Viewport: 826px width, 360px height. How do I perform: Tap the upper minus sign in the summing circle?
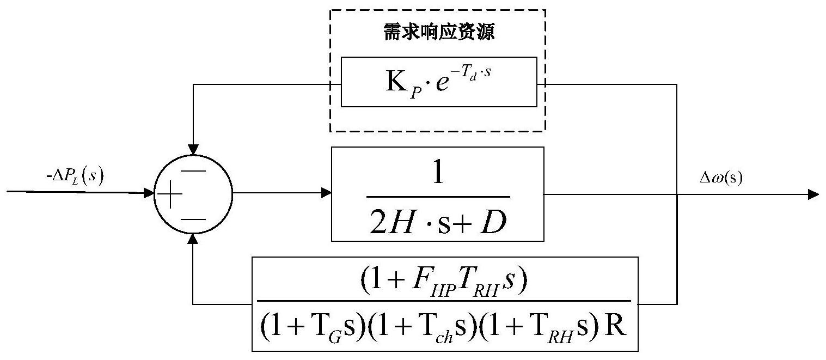click(x=193, y=170)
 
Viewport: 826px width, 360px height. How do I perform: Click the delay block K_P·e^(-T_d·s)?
click(x=438, y=82)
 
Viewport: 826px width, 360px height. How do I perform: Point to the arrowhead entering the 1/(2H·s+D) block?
click(x=326, y=192)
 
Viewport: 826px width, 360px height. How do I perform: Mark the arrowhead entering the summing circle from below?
click(x=193, y=239)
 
